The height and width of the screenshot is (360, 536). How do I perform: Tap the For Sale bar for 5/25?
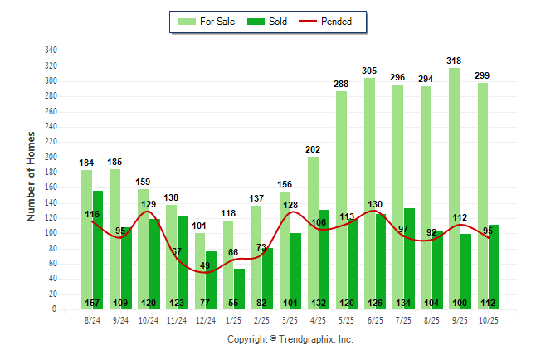[x=341, y=200]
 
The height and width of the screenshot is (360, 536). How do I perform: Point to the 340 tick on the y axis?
[x=51, y=51]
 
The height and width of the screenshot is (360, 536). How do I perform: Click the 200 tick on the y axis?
[x=51, y=158]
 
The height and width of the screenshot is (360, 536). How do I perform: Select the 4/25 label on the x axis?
[x=318, y=319]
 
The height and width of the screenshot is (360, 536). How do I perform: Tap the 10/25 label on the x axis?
[x=488, y=319]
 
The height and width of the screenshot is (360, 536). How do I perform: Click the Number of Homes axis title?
[x=32, y=175]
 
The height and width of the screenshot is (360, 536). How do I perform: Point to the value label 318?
[x=454, y=61]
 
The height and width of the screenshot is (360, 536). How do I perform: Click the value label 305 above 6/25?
[x=369, y=71]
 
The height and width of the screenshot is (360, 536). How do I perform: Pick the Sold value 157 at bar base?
[x=92, y=303]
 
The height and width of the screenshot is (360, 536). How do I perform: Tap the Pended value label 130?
[x=374, y=204]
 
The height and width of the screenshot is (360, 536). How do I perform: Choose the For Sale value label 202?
[x=313, y=149]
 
